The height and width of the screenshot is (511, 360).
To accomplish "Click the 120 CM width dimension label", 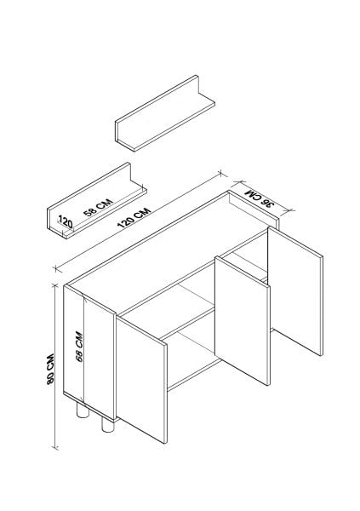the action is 134,217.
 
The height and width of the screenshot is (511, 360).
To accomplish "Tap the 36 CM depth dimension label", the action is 260,198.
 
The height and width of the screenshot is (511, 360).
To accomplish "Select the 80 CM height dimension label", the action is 50,369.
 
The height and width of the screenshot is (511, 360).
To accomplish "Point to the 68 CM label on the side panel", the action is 79,347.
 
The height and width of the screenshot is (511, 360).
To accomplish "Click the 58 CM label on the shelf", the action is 98,207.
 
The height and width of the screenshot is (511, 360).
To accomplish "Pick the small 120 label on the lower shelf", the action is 66,222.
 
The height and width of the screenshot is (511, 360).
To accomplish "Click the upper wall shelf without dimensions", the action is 165,113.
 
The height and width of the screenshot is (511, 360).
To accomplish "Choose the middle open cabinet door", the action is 243,320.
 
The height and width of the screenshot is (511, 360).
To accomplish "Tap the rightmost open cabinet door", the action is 295,291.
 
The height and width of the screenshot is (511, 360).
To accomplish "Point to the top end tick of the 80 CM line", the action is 55,286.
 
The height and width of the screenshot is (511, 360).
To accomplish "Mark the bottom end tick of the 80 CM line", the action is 55,448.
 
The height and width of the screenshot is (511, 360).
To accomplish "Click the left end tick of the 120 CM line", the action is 56,269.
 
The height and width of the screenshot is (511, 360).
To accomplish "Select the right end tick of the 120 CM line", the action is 221,174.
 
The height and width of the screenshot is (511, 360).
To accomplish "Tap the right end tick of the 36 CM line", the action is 289,210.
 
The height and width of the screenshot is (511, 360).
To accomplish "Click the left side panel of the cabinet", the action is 89,352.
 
